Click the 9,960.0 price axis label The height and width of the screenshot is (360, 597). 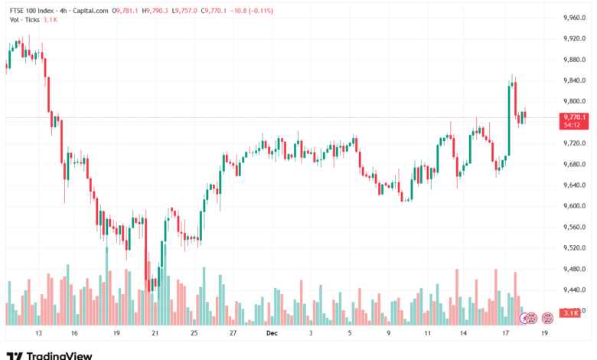click(574, 18)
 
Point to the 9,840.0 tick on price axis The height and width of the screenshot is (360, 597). click(574, 80)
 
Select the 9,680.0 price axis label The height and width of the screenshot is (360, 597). click(574, 164)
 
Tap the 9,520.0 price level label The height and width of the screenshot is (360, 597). click(574, 248)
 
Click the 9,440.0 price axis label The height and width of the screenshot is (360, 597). click(574, 290)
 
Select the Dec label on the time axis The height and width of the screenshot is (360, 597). click(271, 334)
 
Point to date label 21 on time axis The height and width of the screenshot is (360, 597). click(155, 334)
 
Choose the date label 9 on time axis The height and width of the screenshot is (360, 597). click(390, 334)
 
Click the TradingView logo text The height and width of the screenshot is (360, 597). click(59, 355)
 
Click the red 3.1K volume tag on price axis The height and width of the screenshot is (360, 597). click(570, 313)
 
